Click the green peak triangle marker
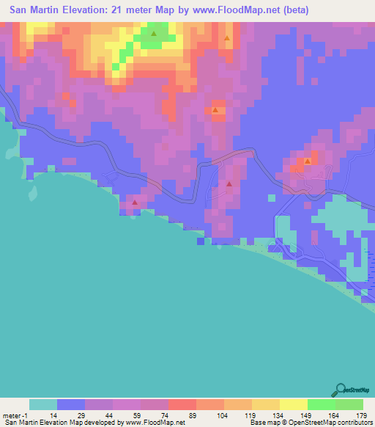click(x=154, y=33)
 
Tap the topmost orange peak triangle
click(x=227, y=38)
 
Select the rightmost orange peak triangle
click(x=308, y=161)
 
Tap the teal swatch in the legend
click(x=42, y=404)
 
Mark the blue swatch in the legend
click(x=70, y=404)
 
